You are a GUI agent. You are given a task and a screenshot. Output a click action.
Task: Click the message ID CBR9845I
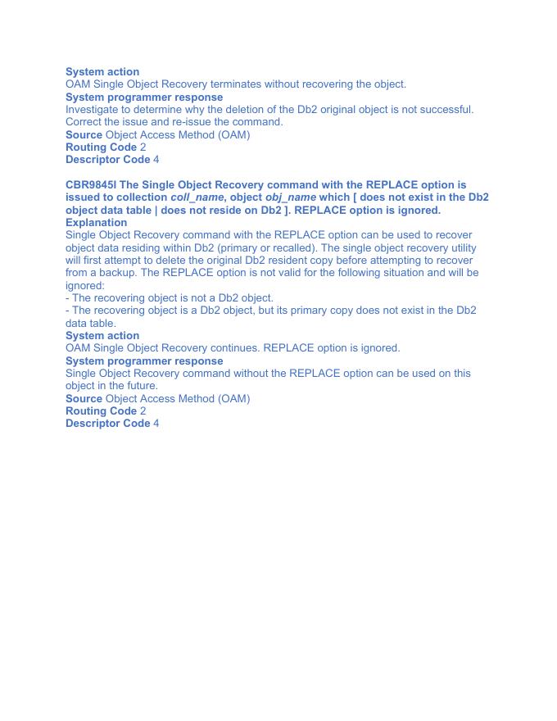(x=91, y=185)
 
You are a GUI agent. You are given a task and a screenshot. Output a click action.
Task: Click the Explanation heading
(x=96, y=222)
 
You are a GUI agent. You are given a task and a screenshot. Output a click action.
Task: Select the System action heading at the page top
(x=102, y=71)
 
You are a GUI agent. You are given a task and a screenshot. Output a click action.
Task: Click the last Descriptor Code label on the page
(x=107, y=423)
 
